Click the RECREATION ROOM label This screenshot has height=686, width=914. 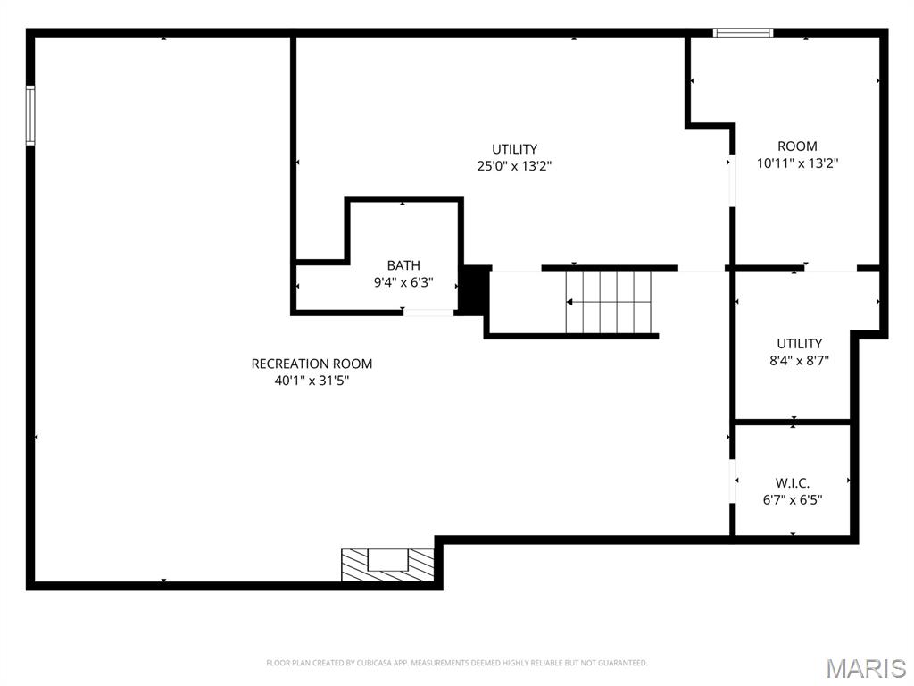312,364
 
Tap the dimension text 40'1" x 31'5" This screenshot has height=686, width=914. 312,381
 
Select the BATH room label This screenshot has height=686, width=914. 403,265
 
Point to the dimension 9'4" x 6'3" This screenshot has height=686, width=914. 403,282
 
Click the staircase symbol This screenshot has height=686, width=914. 609,302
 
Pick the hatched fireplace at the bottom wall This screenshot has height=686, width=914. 388,565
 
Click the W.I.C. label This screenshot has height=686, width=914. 793,483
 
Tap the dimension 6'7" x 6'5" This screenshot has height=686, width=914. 793,500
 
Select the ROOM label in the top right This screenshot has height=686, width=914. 797,146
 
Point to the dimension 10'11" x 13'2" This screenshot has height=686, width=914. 797,163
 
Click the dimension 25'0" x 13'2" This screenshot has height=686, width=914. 515,166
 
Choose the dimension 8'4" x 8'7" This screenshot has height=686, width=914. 799,361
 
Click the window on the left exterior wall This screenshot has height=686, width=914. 30,115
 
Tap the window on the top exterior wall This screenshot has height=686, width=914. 743,33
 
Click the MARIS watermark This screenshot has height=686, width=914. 866,668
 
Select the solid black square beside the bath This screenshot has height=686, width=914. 474,289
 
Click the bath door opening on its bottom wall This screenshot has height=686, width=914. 429,312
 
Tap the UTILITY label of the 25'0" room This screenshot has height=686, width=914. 515,149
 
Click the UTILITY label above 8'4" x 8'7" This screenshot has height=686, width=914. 799,344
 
